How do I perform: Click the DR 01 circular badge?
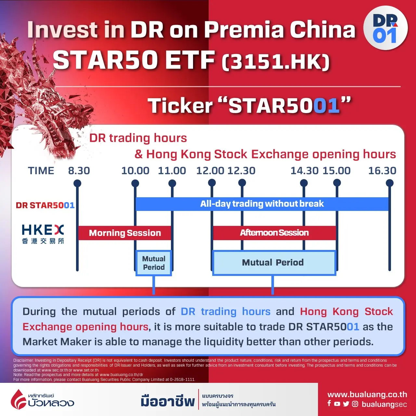pyautogui.click(x=385, y=28)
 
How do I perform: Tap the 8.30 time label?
pyautogui.click(x=79, y=171)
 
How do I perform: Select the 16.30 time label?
pyautogui.click(x=382, y=171)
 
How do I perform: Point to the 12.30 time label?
pyautogui.click(x=241, y=171)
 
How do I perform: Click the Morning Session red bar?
pyautogui.click(x=124, y=233)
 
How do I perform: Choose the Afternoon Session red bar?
pyautogui.click(x=274, y=233)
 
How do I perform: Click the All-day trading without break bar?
pyautogui.click(x=262, y=204)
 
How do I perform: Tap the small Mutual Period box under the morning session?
pyautogui.click(x=154, y=263)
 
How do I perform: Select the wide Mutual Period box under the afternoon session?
pyautogui.click(x=274, y=263)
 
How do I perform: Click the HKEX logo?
pyautogui.click(x=43, y=234)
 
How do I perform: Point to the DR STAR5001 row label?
pyautogui.click(x=45, y=205)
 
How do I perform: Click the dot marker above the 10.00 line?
pyautogui.click(x=135, y=183)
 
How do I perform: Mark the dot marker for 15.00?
pyautogui.click(x=337, y=183)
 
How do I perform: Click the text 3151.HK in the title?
pyautogui.click(x=276, y=62)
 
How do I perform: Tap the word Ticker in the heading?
pyautogui.click(x=180, y=106)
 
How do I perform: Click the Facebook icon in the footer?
pyautogui.click(x=329, y=403)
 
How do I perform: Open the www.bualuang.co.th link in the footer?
pyautogui.click(x=367, y=395)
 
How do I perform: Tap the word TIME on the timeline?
pyautogui.click(x=41, y=171)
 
